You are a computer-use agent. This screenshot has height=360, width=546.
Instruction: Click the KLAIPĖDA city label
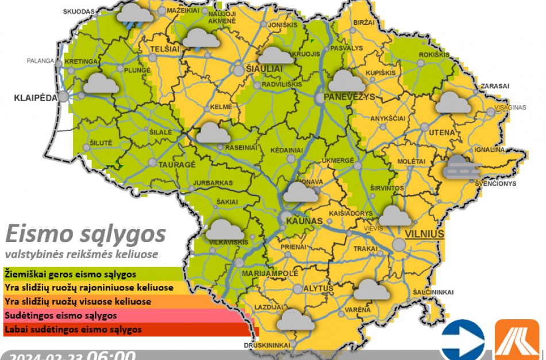(36, 98)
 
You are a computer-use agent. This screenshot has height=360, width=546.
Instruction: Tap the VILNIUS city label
(425, 234)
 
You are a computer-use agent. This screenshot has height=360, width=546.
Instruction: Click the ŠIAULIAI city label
(264, 68)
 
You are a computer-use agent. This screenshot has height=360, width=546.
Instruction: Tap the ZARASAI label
(495, 86)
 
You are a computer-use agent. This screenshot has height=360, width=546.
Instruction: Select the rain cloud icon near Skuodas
(135, 14)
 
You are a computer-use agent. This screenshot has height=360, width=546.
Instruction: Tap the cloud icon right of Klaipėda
(101, 84)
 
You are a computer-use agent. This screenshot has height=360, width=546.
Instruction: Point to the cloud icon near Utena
(453, 103)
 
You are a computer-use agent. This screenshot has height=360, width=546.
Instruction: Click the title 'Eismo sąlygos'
(85, 234)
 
